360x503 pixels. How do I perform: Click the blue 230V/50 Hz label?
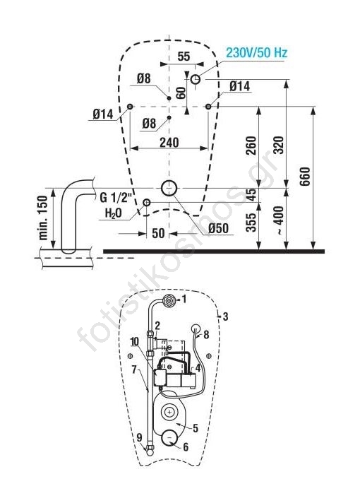pos(256,52)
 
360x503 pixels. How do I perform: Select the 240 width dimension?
pos(169,143)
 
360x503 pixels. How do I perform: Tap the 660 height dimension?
pos(305,176)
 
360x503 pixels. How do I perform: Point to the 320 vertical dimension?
pos(279,145)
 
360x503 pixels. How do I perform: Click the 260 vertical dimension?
pos(251,146)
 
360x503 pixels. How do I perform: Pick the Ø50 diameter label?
pos(218,228)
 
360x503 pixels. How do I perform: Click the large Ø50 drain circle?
pos(169,188)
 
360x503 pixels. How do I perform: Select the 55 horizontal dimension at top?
pos(184,56)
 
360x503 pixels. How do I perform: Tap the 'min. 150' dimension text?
pos(43,218)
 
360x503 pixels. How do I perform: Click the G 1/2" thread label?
pos(116,198)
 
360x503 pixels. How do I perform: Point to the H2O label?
pos(114,213)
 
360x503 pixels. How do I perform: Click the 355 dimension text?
pos(251,222)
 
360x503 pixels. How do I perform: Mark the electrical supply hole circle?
pos(196,79)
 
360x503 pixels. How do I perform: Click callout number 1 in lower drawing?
pos(184,300)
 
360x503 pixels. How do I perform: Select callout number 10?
pos(135,342)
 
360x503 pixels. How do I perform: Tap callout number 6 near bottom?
pos(186,446)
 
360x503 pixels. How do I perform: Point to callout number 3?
pos(226,316)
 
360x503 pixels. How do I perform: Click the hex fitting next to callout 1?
pos(169,300)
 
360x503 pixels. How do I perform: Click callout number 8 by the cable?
pos(206,335)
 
